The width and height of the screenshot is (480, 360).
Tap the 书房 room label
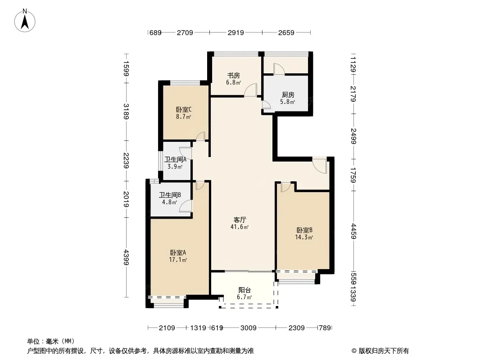(233, 75)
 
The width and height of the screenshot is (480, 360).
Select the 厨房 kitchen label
(288, 95)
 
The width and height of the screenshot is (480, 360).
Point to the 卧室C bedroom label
(184, 109)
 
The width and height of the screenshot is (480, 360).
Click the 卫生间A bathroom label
(175, 159)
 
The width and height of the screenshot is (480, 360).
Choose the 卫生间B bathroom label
(170, 195)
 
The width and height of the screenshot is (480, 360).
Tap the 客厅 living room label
(240, 220)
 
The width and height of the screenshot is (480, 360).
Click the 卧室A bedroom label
(178, 252)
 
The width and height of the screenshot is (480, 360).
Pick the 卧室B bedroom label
(304, 230)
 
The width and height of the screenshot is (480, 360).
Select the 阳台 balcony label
(245, 290)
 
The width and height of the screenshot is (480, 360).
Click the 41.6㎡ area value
(240, 227)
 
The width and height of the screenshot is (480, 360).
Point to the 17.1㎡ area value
(178, 260)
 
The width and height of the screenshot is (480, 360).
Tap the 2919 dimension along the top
(235, 32)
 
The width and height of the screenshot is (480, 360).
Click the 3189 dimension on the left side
(126, 111)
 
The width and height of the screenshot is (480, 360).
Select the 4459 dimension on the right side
(353, 231)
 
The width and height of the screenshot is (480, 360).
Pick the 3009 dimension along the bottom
(248, 328)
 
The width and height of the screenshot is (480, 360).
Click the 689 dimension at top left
(155, 32)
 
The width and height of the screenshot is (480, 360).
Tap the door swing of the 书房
(251, 90)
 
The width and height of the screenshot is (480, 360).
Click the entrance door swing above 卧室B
(320, 166)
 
